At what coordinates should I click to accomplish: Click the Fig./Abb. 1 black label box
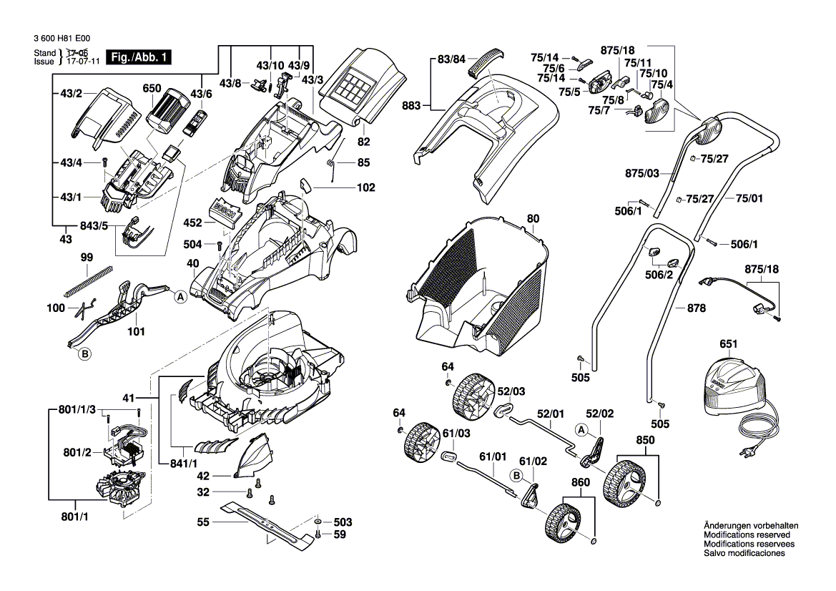click(x=138, y=57)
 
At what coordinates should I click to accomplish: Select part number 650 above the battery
click(x=152, y=89)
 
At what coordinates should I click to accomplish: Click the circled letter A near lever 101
click(x=180, y=295)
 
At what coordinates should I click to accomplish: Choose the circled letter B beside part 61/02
click(x=516, y=474)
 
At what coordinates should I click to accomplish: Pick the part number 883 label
click(x=411, y=105)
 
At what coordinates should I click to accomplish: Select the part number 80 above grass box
click(x=533, y=218)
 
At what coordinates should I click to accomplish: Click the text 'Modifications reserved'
click(x=747, y=535)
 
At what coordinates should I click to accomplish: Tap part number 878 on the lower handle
click(x=696, y=308)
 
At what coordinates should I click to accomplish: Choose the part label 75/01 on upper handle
click(x=749, y=198)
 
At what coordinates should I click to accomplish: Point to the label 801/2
click(x=77, y=452)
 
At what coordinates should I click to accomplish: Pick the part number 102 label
click(x=365, y=188)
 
